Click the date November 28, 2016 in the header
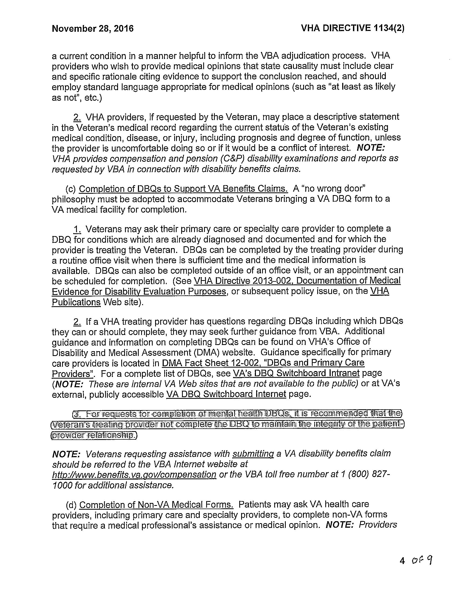92,29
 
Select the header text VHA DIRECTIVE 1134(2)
352,28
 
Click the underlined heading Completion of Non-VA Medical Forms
156,505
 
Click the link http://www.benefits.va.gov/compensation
134,474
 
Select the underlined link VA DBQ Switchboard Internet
226,394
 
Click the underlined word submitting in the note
253,453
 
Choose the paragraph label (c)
71,189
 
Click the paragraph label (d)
71,505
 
